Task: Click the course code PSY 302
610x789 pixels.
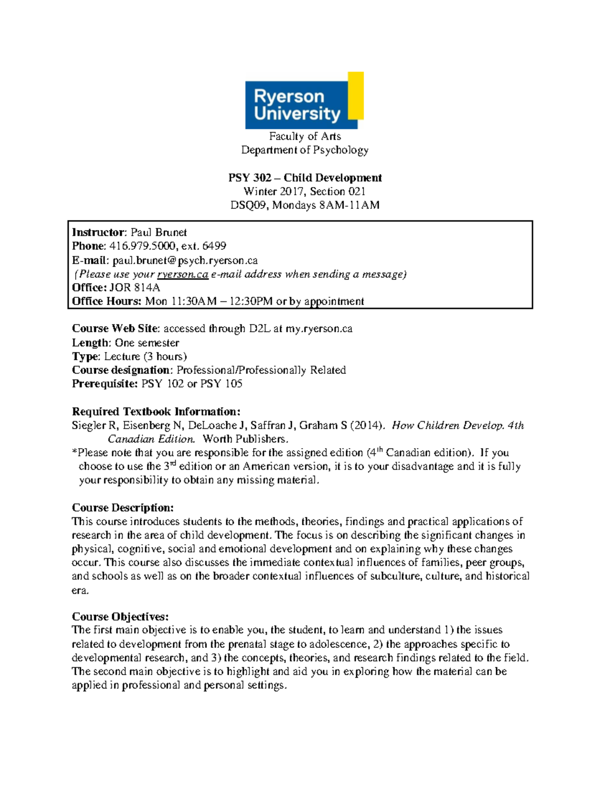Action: pyautogui.click(x=250, y=178)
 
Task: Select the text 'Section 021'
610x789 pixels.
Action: pyautogui.click(x=338, y=192)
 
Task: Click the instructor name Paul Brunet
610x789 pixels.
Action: pyautogui.click(x=159, y=233)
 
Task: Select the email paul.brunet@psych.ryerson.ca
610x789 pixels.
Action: pyautogui.click(x=185, y=261)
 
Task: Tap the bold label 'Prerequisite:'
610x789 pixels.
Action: pyautogui.click(x=105, y=384)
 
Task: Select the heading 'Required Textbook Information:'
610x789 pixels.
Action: pyautogui.click(x=156, y=412)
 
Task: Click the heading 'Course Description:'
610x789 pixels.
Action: pyautogui.click(x=123, y=508)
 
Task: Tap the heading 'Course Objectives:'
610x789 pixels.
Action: pyautogui.click(x=120, y=617)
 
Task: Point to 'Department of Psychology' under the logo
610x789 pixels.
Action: pyautogui.click(x=304, y=150)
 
